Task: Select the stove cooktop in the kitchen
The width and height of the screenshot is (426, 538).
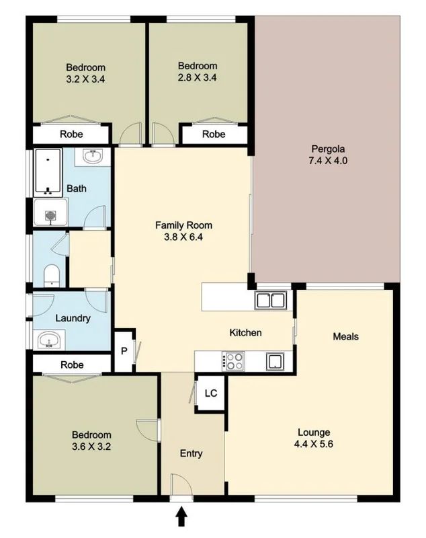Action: (235, 361)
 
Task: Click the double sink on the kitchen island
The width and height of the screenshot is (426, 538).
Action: (271, 300)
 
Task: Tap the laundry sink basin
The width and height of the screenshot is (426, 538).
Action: (48, 340)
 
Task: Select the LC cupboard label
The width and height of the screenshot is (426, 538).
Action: (210, 392)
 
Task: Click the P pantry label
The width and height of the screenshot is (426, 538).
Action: (124, 351)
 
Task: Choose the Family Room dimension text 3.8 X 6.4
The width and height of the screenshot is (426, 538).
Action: (179, 237)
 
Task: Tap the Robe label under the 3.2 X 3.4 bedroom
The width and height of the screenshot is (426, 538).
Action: (72, 134)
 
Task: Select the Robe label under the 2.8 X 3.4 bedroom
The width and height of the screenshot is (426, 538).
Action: (214, 134)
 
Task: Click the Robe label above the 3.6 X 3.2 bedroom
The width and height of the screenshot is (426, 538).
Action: (72, 365)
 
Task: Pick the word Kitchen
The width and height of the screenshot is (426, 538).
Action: (245, 333)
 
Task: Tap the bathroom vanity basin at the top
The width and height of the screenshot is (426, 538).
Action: (92, 157)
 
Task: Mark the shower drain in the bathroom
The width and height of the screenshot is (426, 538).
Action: (49, 216)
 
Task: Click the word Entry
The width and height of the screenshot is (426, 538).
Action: (191, 453)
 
